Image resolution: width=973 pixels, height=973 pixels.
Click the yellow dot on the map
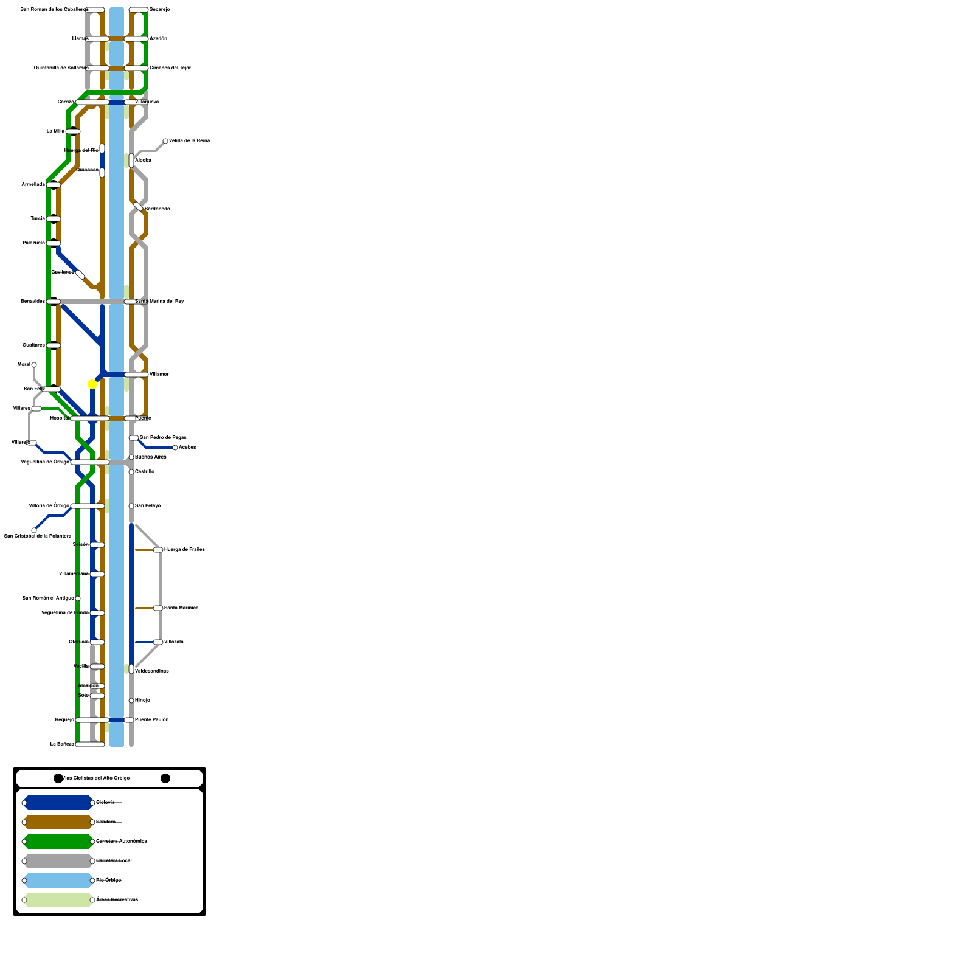(92, 384)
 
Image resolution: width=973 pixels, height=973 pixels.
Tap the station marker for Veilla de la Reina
(165, 141)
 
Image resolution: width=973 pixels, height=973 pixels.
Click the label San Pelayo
(148, 505)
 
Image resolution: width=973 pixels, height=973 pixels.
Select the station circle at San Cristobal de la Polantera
(34, 530)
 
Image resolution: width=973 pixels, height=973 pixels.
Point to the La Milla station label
(55, 131)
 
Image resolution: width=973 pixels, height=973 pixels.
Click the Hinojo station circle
(131, 701)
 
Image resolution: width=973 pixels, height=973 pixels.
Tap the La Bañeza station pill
(90, 744)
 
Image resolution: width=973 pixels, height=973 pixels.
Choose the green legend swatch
(58, 842)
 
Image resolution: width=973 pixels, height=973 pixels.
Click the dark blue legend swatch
(58, 803)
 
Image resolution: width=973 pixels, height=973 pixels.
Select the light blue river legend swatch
(58, 881)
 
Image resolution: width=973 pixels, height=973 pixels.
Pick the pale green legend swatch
(58, 900)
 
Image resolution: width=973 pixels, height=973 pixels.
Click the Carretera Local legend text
(114, 860)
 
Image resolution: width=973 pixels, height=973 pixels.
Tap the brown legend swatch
(58, 822)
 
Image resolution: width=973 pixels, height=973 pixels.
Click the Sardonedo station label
(158, 209)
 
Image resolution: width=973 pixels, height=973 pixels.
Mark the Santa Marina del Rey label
(159, 301)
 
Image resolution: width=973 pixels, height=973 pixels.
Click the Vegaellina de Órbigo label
(45, 462)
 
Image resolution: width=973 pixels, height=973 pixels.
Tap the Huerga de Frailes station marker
(158, 550)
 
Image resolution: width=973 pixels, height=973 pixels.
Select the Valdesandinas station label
(152, 671)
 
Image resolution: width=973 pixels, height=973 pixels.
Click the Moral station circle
(34, 365)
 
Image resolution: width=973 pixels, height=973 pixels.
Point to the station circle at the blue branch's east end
(175, 448)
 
